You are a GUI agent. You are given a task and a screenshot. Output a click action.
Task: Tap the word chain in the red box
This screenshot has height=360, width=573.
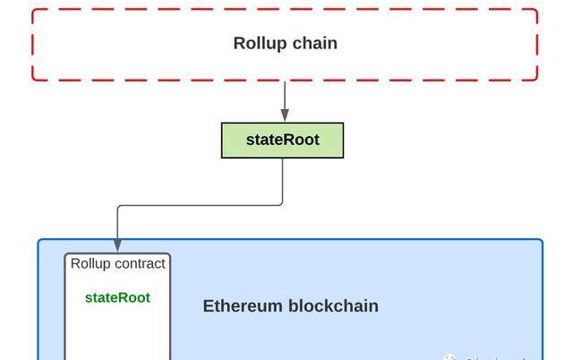(x=315, y=43)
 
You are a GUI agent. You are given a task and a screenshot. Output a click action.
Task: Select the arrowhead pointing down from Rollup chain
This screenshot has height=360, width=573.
(x=285, y=116)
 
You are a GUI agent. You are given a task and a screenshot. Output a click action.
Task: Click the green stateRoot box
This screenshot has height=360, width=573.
(x=282, y=141)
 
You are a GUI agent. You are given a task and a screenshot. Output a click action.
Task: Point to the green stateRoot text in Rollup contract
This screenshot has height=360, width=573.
(x=117, y=297)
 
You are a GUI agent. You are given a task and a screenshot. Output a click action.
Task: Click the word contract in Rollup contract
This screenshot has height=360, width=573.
(x=140, y=264)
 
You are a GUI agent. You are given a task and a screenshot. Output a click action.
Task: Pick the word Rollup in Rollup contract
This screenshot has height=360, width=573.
(x=90, y=264)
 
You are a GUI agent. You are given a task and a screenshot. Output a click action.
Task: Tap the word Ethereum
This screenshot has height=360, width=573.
(x=243, y=306)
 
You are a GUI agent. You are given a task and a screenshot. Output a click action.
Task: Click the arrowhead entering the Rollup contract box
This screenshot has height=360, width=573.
(x=117, y=246)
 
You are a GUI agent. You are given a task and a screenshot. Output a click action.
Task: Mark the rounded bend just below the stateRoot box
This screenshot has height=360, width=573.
(x=280, y=203)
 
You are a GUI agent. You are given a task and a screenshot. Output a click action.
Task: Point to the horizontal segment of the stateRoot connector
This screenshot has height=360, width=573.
(x=197, y=206)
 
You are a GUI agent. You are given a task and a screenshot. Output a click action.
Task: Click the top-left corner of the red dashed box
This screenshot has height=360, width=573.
(x=34, y=11)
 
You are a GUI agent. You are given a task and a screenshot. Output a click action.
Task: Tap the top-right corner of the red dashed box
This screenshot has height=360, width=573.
(x=536, y=11)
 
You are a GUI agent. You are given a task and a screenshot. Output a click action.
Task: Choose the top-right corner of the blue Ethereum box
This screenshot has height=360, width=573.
(x=541, y=241)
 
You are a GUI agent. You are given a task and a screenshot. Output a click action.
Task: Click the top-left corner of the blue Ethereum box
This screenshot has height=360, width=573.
(x=39, y=241)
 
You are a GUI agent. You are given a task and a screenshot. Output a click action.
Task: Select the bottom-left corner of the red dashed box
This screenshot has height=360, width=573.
(x=34, y=79)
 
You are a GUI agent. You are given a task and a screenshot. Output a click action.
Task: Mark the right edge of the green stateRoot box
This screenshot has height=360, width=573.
(x=343, y=141)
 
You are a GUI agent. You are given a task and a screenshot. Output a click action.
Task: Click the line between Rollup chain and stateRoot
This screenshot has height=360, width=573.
(x=285, y=97)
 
